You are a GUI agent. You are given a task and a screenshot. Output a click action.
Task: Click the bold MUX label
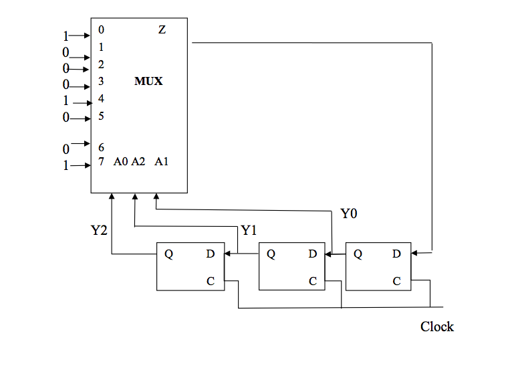tap(148, 82)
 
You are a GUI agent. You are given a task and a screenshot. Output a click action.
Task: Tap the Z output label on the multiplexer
tap(162, 29)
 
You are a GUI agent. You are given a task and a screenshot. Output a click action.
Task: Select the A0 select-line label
tap(120, 161)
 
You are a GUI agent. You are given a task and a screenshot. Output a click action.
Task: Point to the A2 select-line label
tap(138, 161)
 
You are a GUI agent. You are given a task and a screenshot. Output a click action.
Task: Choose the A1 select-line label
tap(161, 161)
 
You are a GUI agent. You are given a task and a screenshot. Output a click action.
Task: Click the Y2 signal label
tap(100, 231)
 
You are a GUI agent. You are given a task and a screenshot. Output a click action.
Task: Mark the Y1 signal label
tap(249, 231)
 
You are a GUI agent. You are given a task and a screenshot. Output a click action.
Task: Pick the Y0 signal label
tap(349, 214)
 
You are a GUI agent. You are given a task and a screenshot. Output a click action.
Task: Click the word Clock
tap(437, 327)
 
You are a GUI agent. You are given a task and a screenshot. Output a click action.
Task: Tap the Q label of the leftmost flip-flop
tap(168, 254)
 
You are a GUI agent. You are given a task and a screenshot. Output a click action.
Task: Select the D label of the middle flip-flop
tap(312, 254)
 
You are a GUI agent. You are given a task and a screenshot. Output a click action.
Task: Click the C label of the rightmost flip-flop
tap(396, 282)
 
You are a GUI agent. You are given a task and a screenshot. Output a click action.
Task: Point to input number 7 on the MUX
tap(100, 161)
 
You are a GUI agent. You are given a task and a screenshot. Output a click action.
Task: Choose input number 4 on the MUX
tap(100, 98)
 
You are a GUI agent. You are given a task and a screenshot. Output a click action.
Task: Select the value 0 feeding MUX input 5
tap(66, 118)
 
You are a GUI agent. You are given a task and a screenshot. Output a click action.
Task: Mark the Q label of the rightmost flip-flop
tap(358, 254)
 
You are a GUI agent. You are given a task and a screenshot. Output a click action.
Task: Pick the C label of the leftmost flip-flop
tap(211, 282)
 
